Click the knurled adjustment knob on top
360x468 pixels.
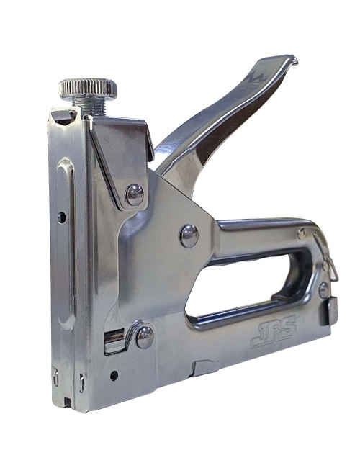point(87,89)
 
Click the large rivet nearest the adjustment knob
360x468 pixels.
point(135,194)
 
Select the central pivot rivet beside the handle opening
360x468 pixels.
point(189,235)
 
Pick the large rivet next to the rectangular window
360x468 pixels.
point(145,337)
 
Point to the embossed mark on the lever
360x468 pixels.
point(253,80)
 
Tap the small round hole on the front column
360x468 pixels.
point(61,217)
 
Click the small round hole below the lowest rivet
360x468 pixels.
point(114,376)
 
